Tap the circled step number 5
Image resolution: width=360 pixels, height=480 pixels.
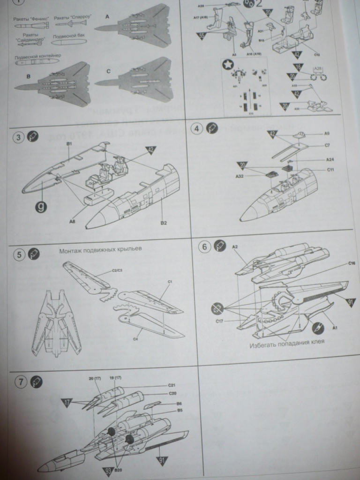coord(19,255)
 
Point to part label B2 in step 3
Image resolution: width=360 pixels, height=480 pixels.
coord(164,223)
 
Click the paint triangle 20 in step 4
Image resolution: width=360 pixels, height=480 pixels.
coord(242,165)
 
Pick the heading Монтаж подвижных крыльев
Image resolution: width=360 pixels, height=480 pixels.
coord(100,250)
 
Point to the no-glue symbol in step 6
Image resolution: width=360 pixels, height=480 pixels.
coord(217,307)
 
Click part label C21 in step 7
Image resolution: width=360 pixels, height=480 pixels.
coord(172,385)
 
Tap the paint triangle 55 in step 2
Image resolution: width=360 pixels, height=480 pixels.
coord(202,35)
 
